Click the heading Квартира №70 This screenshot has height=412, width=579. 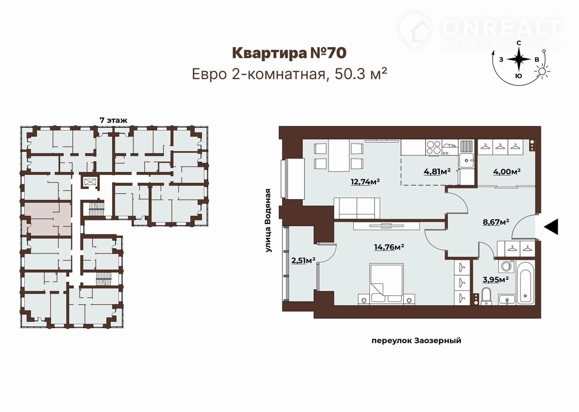coord(289,53)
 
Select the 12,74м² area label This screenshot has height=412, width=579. coord(365,182)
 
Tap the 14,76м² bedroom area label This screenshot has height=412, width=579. coord(389,247)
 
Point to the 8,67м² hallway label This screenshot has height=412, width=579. coord(496,222)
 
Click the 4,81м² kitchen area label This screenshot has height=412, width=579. coord(437,171)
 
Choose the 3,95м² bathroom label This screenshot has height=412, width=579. coord(496,279)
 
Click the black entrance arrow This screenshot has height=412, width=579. coord(551,227)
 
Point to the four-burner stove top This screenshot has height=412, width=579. coord(433,147)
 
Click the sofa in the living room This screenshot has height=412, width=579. coord(357,208)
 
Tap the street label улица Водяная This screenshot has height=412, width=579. coord(269,220)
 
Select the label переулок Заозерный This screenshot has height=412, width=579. coord(416,340)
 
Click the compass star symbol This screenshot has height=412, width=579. coord(518,59)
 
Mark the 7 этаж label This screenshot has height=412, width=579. coord(114,120)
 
